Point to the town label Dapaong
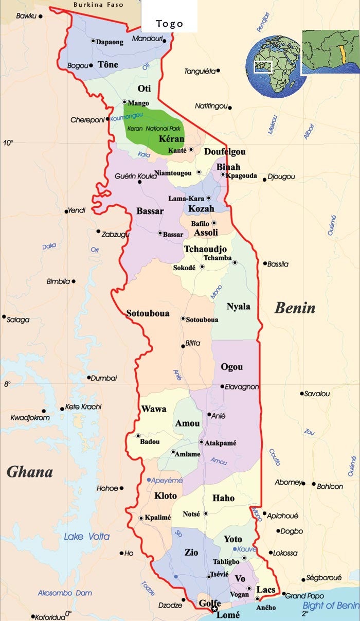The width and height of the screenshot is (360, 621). [110, 42]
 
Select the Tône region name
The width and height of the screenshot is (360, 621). [108, 65]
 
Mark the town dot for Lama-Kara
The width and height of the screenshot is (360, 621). [208, 198]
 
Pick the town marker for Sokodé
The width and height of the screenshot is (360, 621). [202, 267]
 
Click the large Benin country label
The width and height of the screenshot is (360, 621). [295, 308]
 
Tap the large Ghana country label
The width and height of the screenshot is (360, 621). [30, 472]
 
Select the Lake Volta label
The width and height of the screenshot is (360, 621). [86, 537]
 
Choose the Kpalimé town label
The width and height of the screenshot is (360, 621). [158, 518]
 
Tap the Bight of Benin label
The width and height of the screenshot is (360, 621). [330, 605]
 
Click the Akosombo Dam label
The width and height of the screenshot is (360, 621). [65, 592]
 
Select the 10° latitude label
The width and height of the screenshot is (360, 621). [8, 143]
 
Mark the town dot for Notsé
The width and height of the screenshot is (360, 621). [206, 513]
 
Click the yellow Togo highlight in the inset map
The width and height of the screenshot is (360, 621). [340, 53]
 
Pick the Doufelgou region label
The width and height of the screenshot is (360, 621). [225, 152]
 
